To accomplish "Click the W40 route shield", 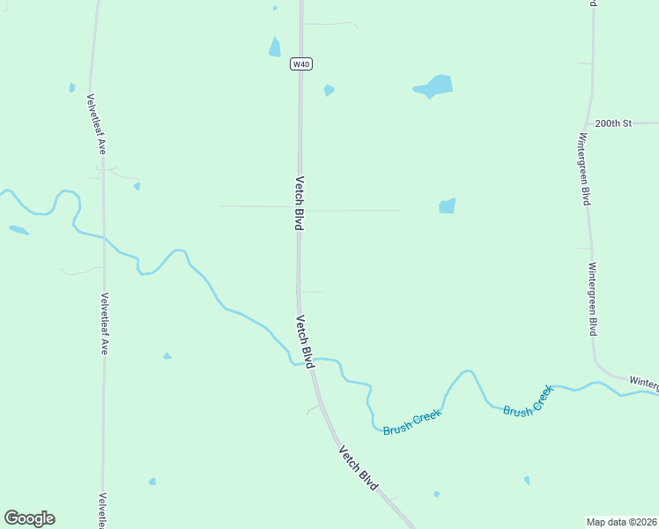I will pyautogui.click(x=301, y=63).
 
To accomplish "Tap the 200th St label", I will pyautogui.click(x=613, y=123).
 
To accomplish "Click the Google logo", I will pyautogui.click(x=29, y=518).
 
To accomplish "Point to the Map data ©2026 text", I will pyautogui.click(x=622, y=522).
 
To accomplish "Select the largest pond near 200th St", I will pyautogui.click(x=433, y=86).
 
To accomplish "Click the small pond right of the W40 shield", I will pyautogui.click(x=329, y=90).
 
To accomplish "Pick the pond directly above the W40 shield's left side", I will pyautogui.click(x=275, y=48).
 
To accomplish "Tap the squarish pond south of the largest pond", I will pyautogui.click(x=448, y=205).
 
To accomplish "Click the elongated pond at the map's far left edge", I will pyautogui.click(x=19, y=231).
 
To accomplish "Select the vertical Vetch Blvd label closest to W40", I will pyautogui.click(x=300, y=202).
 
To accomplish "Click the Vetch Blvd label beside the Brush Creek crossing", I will pyautogui.click(x=305, y=341).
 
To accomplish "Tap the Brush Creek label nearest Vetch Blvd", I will pyautogui.click(x=411, y=422).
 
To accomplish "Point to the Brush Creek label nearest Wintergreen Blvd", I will pyautogui.click(x=529, y=400).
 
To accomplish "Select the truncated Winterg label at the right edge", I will pyautogui.click(x=644, y=383).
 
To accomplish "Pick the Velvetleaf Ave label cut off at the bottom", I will pyautogui.click(x=103, y=510).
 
